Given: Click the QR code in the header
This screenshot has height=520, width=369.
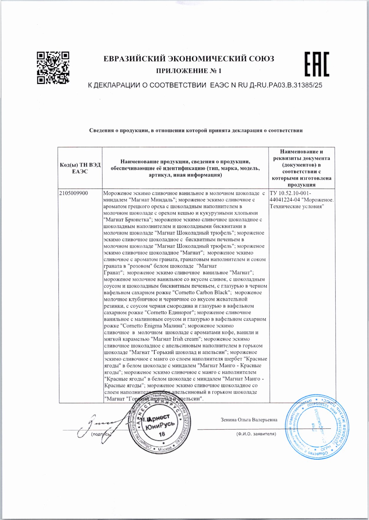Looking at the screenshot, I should coord(53,68).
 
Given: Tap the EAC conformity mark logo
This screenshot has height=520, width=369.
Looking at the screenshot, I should coord(316,64).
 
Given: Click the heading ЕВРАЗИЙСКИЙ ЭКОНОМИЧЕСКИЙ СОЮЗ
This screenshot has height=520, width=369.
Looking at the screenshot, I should coord(189,59).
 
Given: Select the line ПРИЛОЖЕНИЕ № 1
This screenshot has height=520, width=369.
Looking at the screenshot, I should coord(189,71).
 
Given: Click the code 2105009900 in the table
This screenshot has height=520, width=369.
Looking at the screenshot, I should coord(74,193).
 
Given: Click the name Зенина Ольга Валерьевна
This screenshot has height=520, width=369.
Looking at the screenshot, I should coord(249,420).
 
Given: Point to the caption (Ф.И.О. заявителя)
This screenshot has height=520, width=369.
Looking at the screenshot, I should coord(256,434).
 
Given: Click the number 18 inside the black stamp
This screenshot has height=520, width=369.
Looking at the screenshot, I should coord(162,434).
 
